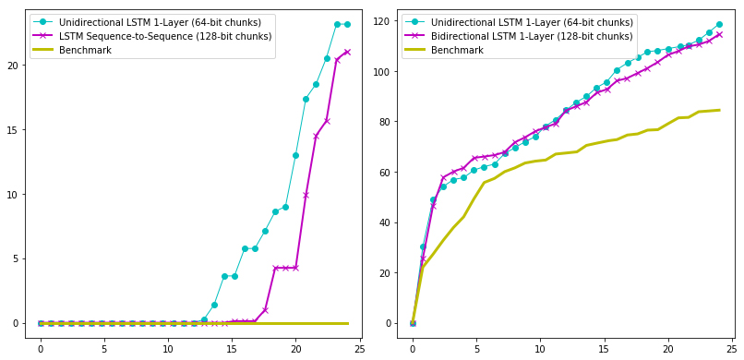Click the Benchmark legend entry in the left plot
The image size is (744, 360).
point(86,50)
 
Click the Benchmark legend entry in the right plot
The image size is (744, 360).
point(458,50)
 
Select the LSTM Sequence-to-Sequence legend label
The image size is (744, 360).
point(165,36)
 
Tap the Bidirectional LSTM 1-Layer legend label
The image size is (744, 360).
point(532,36)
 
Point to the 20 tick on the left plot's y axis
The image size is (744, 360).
point(15,66)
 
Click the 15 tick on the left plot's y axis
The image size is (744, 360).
point(15,130)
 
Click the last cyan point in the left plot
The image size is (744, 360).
point(347,24)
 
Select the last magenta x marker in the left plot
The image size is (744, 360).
point(347,53)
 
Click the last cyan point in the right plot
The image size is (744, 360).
point(719,24)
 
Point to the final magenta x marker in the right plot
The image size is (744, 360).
point(719,35)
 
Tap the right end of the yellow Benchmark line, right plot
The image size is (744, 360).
point(720,110)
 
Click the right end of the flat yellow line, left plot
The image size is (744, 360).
point(348,323)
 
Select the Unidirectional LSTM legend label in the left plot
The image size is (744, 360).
point(161,22)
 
